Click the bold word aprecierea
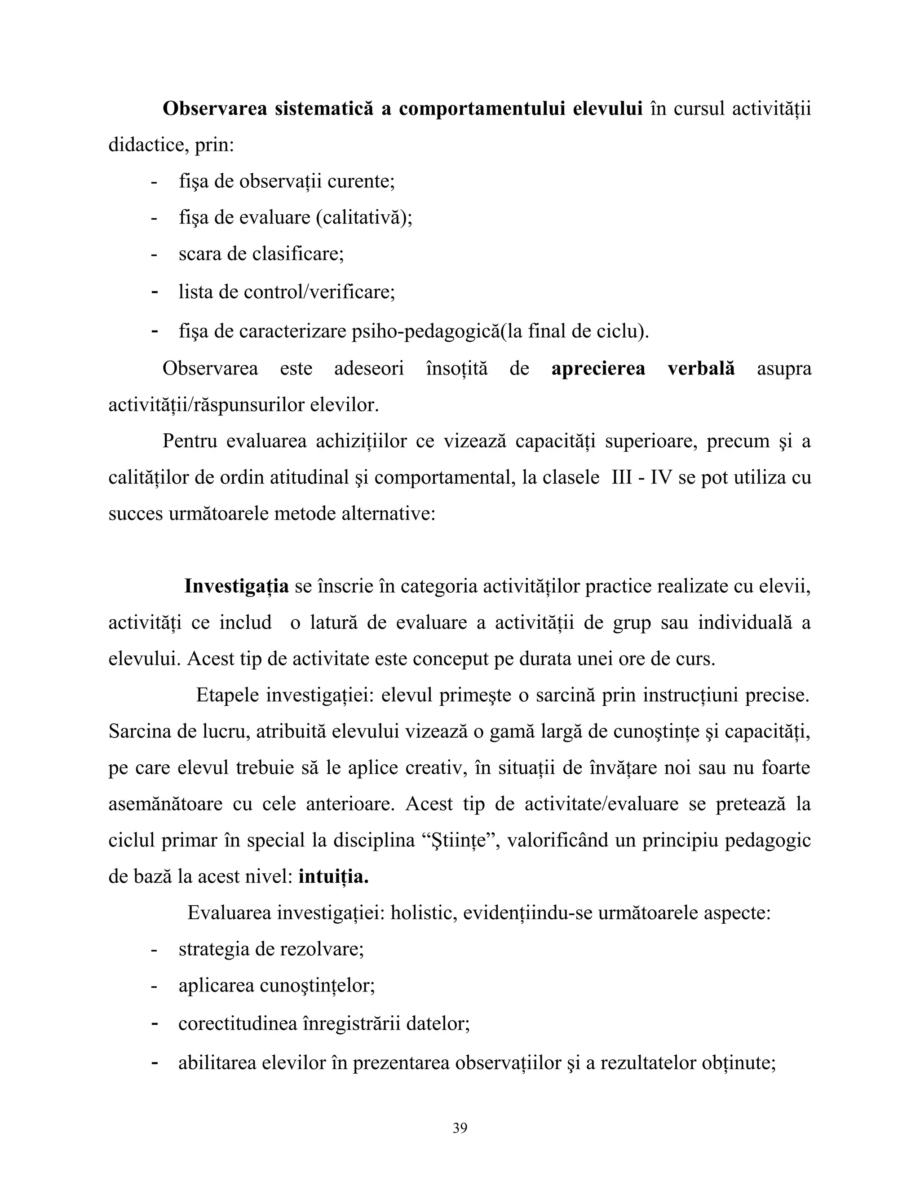pos(598,368)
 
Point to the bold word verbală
pos(701,368)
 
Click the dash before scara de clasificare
pos(154,254)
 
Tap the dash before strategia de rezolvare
pos(154,950)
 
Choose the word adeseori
pos(368,368)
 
